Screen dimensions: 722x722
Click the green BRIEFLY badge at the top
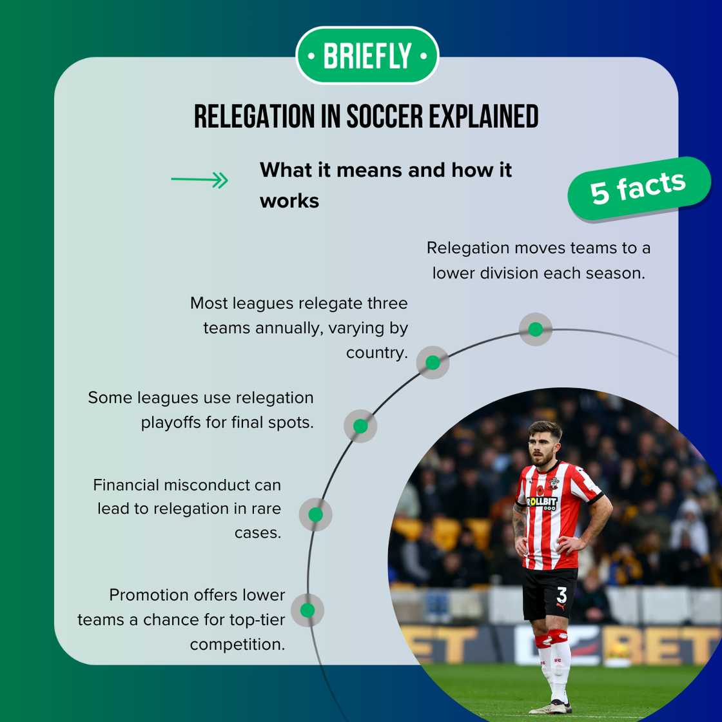coord(367,56)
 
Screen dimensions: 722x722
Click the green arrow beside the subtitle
coord(200,180)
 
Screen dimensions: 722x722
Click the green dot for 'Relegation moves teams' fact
coord(535,329)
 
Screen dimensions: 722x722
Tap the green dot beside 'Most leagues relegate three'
coord(433,362)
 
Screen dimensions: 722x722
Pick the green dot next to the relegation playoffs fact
coord(360,426)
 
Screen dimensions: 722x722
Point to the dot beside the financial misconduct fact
coord(315,514)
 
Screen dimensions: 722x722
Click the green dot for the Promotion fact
coord(307,610)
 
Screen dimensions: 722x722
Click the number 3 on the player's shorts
coord(561,594)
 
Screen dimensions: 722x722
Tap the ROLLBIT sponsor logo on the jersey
coord(541,502)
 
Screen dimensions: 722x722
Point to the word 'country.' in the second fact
coord(377,353)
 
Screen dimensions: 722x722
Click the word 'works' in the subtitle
coord(289,201)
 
